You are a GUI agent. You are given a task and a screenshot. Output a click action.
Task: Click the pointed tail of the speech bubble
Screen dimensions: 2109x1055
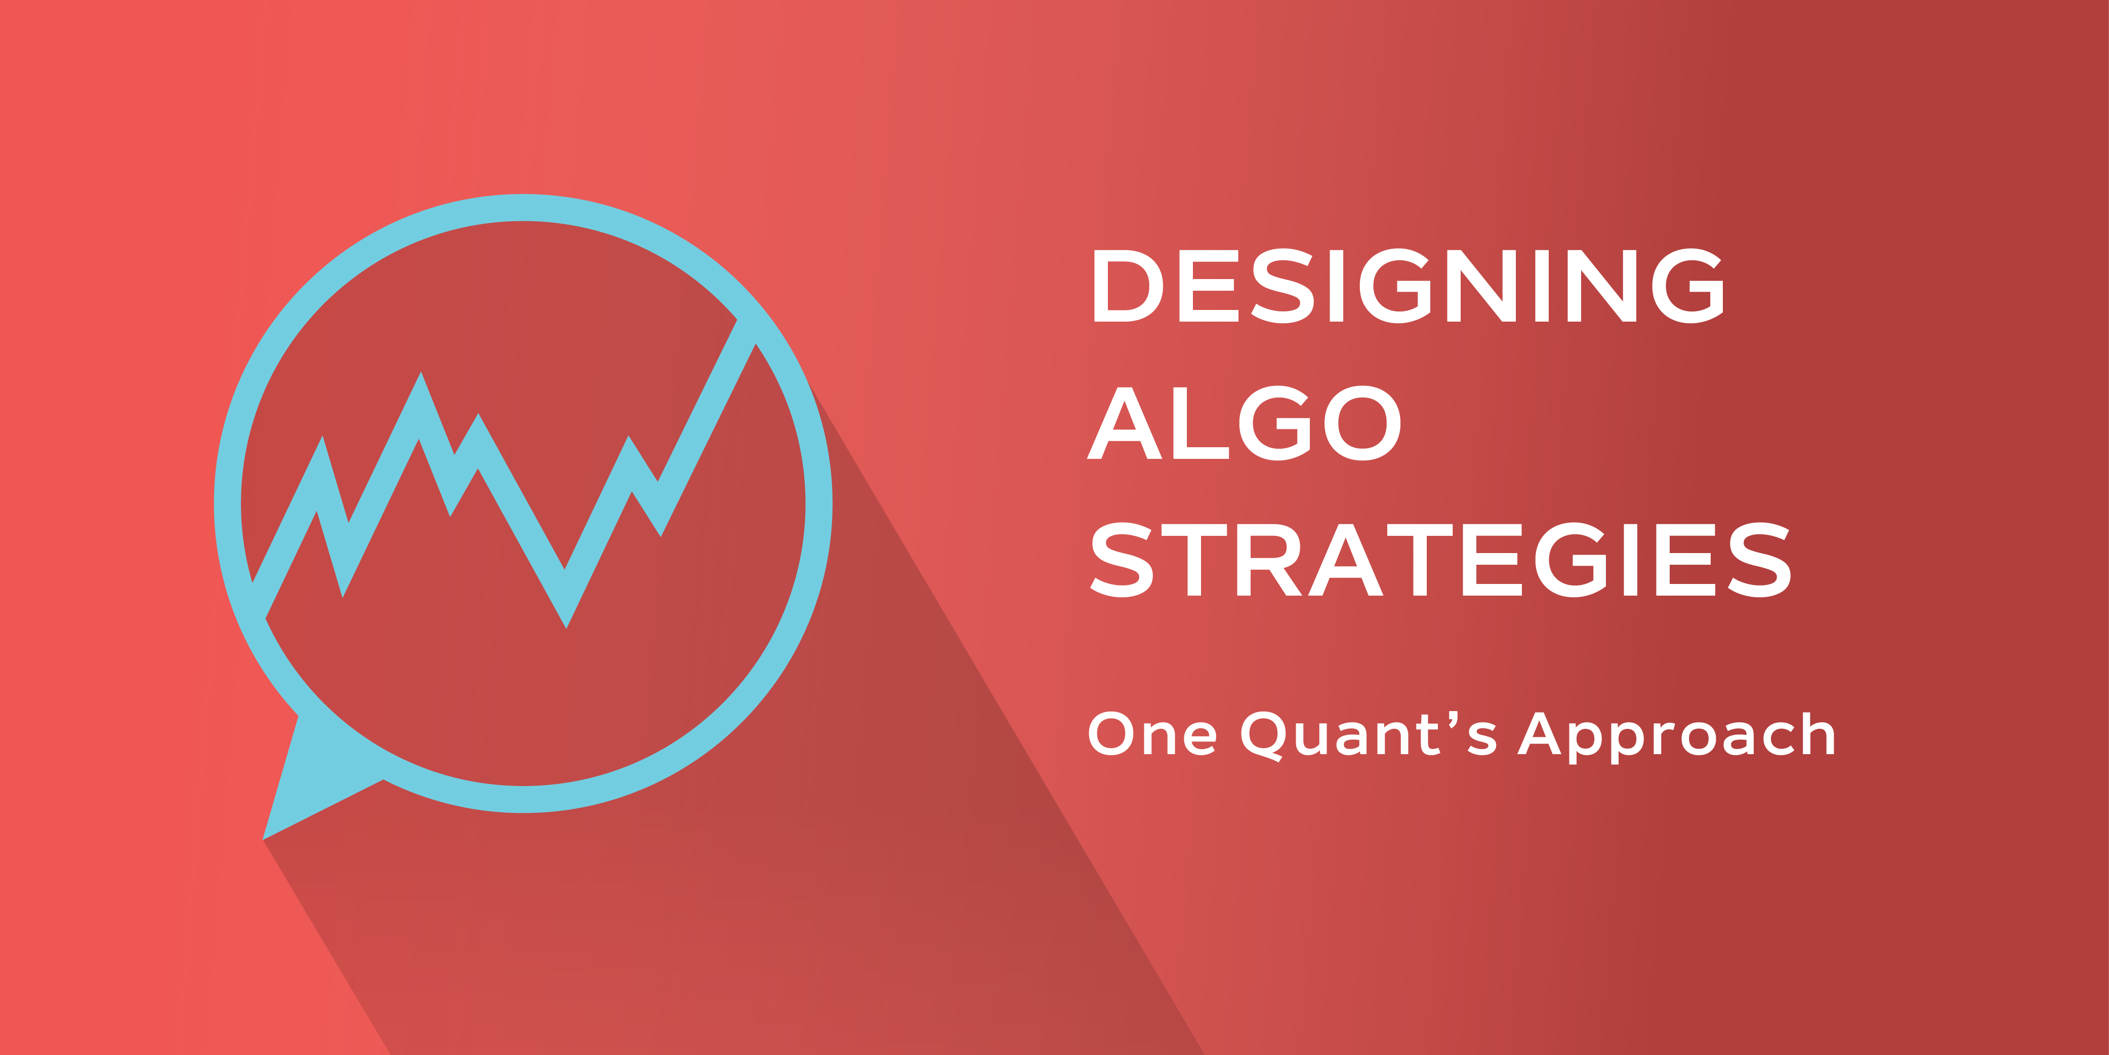tap(264, 838)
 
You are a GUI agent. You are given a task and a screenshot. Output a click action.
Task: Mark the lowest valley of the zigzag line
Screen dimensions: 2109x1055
tap(566, 626)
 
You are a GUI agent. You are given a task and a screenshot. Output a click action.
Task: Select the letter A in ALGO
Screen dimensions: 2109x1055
tap(1124, 422)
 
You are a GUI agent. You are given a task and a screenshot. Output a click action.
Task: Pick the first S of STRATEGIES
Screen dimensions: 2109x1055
tap(1122, 560)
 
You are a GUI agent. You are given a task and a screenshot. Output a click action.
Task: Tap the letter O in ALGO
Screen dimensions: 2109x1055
tap(1362, 422)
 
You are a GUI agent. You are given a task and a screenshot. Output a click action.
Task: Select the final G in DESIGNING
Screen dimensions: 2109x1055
tap(1688, 286)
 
